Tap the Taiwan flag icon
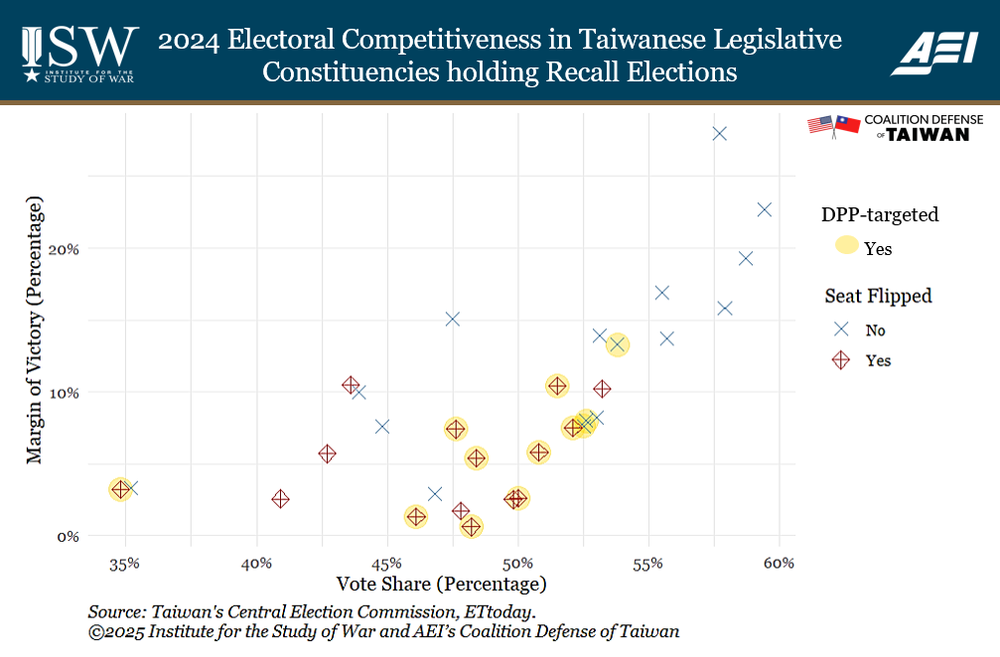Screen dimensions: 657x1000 coord(847,125)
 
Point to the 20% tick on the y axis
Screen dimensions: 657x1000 coord(66,248)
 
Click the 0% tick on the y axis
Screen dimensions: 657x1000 coord(69,536)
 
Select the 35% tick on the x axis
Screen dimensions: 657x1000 coord(124,564)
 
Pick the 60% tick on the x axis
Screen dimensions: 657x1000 coord(780,564)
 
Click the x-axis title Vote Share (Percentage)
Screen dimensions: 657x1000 coord(442,584)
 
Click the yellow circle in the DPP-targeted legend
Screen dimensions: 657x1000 coord(846,248)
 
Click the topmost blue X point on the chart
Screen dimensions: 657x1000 coord(720,134)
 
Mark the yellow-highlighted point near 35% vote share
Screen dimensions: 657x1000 coord(120,489)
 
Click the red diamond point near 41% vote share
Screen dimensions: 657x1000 coord(280,499)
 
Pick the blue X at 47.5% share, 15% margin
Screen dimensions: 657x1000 coord(453,319)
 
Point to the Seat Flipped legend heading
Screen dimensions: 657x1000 coord(878,296)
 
